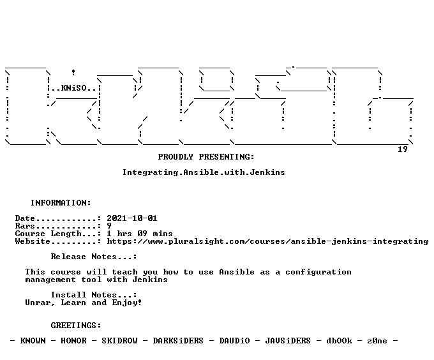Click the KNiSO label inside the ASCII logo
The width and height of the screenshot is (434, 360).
pos(73,88)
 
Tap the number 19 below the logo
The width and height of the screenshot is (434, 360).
pos(403,149)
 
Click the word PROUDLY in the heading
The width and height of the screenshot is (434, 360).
pos(176,157)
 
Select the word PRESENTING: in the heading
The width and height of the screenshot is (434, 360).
pos(227,157)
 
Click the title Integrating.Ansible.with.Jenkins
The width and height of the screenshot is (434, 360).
pos(204,172)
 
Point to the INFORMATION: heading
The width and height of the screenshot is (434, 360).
pos(61,203)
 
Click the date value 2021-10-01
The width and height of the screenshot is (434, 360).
pos(132,218)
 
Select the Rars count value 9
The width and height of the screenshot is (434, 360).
pos(109,226)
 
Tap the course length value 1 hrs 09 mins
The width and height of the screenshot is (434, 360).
pos(140,234)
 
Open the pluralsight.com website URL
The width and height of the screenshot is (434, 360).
pos(267,241)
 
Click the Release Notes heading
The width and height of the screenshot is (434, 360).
pos(94,257)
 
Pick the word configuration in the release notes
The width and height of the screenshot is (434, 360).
pos(318,272)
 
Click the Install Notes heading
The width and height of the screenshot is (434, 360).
pos(94,295)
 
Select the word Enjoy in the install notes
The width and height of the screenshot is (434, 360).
pos(125,303)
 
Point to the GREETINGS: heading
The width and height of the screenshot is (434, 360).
pos(76,326)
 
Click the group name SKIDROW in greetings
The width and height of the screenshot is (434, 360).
pos(119,341)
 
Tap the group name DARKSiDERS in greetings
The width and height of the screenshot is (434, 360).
pos(178,341)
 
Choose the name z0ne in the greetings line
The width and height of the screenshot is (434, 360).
pos(377,341)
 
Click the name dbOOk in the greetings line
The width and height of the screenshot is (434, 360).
pos(339,341)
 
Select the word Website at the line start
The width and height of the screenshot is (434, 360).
pos(33,241)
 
